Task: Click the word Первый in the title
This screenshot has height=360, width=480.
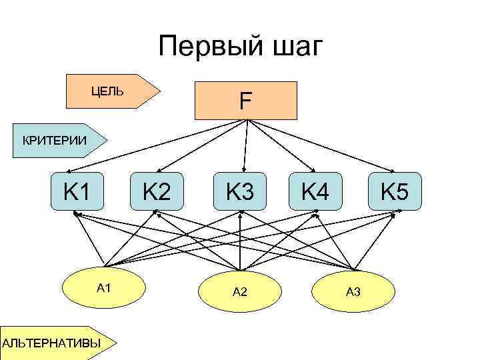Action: [x=204, y=47]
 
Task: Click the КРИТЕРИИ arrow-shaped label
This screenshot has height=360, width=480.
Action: [x=57, y=140]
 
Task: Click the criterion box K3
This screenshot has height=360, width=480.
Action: [x=240, y=192]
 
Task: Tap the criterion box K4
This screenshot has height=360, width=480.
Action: [x=315, y=192]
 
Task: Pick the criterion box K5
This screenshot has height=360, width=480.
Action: [x=395, y=192]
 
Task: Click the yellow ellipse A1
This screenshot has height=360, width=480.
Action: [x=103, y=289]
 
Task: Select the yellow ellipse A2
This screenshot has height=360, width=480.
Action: [x=240, y=292]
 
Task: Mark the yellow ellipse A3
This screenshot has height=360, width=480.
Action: [x=353, y=292]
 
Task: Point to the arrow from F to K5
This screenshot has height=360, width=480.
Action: [x=320, y=146]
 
